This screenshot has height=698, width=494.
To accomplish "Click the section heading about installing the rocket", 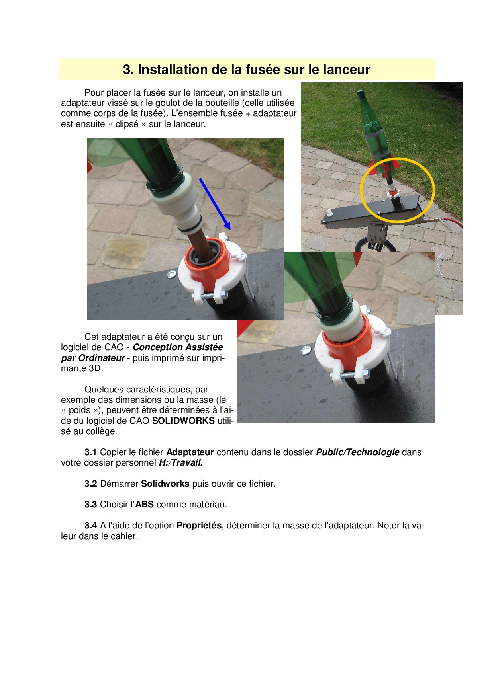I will pos(247,70).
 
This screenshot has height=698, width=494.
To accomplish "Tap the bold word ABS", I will pos(145,505).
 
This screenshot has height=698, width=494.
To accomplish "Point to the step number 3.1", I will pos(90,452).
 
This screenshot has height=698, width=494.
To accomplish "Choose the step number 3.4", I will pos(90,525).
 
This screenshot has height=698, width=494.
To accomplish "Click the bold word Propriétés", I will pos(199,525).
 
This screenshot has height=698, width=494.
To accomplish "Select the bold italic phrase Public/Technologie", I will pos(357,452).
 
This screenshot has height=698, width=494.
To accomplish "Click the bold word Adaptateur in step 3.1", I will pos(190,452).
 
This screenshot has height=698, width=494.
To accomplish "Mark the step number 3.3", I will pos(90,505).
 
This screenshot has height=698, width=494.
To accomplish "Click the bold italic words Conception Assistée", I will pos(178,347).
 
